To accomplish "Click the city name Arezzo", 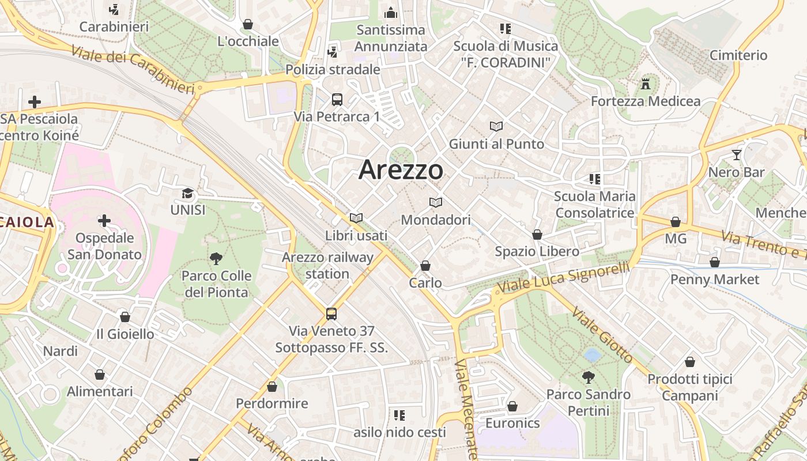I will coord(401,170).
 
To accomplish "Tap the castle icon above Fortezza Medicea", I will coord(646,84).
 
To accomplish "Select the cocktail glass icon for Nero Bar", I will coord(737,154).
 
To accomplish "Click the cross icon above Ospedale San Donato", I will coord(104,221).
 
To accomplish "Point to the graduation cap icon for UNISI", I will coord(188,193).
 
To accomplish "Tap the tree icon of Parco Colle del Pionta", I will coord(216,258).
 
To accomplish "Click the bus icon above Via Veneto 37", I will coord(331,313).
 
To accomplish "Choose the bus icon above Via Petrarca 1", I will coord(337,99).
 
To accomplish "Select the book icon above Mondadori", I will coord(436,202).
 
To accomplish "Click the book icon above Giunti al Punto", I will coord(496,126).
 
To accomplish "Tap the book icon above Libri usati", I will coord(356,218).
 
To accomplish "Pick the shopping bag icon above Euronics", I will coord(512,406).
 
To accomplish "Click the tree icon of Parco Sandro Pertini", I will coord(589,377).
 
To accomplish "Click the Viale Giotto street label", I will coord(602,335).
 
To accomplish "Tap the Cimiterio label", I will coord(738,55).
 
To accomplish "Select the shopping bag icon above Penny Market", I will coord(715,262).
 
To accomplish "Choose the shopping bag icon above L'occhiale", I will coord(248,24).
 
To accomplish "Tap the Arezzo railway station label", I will coord(327,265).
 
